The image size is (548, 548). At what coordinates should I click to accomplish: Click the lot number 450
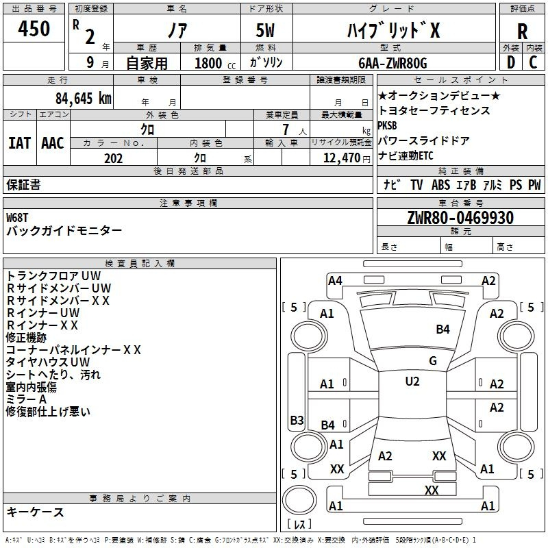pyautogui.click(x=34, y=29)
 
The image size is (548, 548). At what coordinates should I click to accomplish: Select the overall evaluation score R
pyautogui.click(x=522, y=32)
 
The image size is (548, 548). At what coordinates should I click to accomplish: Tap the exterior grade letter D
pyautogui.click(x=510, y=62)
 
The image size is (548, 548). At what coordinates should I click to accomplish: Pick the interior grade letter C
pyautogui.click(x=534, y=62)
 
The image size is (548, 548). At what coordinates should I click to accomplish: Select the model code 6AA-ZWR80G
pyautogui.click(x=392, y=63)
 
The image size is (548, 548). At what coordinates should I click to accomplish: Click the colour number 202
pyautogui.click(x=113, y=158)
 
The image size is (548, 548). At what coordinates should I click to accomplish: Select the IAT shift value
pyautogui.click(x=20, y=142)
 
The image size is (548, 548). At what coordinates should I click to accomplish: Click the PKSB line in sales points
pyautogui.click(x=387, y=125)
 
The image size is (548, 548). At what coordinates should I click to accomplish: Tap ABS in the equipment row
pyautogui.click(x=440, y=184)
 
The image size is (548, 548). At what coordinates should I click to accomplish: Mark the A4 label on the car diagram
pyautogui.click(x=335, y=280)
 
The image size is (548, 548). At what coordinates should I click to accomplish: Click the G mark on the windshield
pyautogui.click(x=432, y=361)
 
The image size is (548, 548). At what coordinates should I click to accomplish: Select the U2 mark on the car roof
pyautogui.click(x=412, y=382)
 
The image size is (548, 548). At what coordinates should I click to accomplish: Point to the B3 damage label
pyautogui.click(x=297, y=420)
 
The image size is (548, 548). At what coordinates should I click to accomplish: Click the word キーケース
pyautogui.click(x=35, y=512)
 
